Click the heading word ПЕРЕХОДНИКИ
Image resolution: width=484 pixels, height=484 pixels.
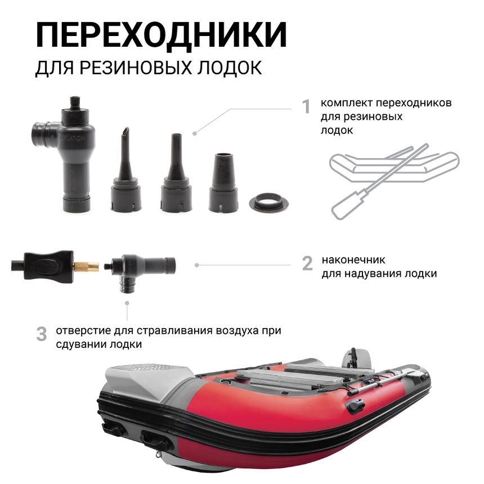pyautogui.click(x=161, y=35)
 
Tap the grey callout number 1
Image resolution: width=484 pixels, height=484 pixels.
pyautogui.click(x=306, y=106)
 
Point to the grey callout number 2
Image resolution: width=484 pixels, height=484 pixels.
pyautogui.click(x=307, y=263)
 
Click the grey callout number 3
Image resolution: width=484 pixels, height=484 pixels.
pyautogui.click(x=41, y=333)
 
